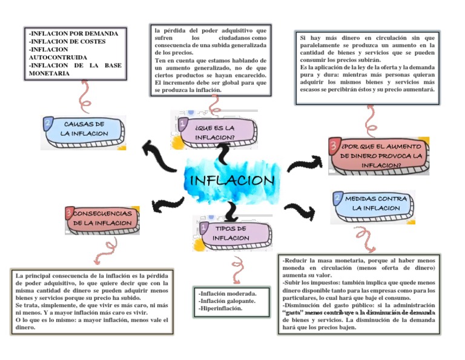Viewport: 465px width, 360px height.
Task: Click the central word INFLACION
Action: tap(232, 181)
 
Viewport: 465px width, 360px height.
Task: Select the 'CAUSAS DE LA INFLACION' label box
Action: tap(84, 128)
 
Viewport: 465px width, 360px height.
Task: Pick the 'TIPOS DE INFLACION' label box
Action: tap(232, 233)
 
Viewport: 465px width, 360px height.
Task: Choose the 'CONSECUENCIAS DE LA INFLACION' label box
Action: tap(102, 219)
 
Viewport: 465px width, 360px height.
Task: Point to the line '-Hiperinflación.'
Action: tap(220, 308)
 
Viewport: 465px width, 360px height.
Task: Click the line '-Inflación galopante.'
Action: tap(227, 301)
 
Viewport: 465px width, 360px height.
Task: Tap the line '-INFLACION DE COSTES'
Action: tap(67, 42)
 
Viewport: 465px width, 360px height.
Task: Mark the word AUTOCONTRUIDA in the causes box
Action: tap(58, 58)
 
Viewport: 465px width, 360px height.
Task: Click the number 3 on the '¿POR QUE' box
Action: tap(334, 145)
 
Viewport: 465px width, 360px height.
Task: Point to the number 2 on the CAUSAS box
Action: tap(47, 124)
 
